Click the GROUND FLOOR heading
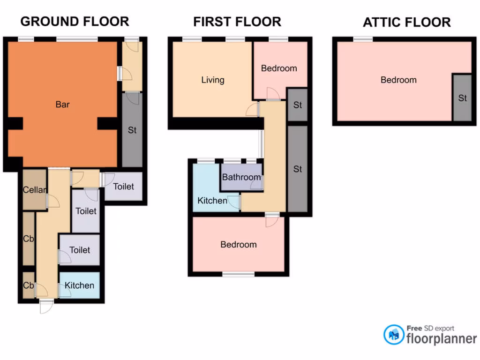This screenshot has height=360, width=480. click(75, 22)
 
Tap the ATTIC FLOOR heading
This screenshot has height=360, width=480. click(406, 22)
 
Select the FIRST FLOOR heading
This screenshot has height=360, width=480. click(237, 22)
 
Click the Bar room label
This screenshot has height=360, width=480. click(62, 104)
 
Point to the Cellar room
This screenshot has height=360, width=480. click(35, 190)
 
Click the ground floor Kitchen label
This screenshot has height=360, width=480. click(79, 285)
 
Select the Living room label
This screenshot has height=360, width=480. click(212, 80)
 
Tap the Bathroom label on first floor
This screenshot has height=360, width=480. click(241, 177)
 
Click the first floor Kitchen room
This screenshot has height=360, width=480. click(212, 201)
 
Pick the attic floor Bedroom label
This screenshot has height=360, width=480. click(398, 80)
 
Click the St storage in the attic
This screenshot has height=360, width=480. click(462, 98)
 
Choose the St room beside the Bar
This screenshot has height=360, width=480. click(132, 130)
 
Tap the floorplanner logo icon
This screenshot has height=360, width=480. click(394, 335)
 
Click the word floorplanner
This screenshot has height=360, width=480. click(441, 338)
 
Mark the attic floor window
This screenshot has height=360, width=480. click(363, 39)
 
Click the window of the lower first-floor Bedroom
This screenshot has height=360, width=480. click(238, 274)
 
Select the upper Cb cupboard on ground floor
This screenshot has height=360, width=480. click(29, 238)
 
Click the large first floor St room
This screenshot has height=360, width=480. click(298, 169)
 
